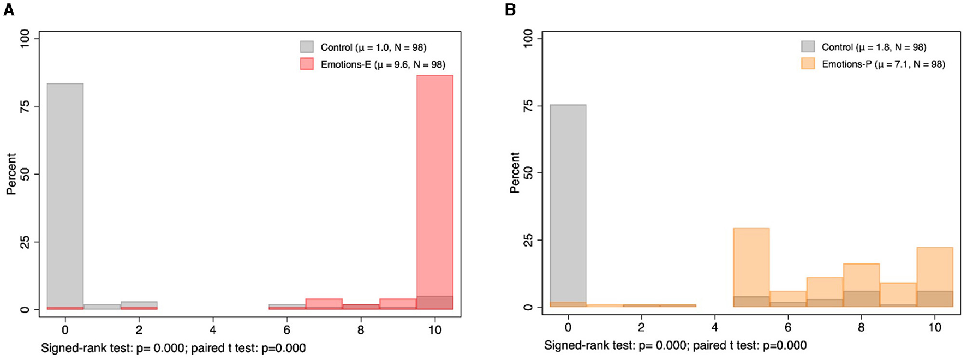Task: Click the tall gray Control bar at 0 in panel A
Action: click(x=65, y=196)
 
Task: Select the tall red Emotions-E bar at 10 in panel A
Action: click(x=434, y=191)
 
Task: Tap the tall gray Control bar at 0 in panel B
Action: click(x=568, y=205)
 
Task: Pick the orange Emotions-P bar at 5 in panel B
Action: click(x=751, y=267)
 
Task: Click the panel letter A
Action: click(x=8, y=10)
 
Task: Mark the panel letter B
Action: click(x=510, y=10)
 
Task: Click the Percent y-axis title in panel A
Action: click(x=11, y=174)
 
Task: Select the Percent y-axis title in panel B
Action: click(x=514, y=172)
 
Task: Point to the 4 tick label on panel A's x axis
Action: click(x=213, y=330)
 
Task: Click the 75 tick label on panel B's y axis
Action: click(x=528, y=105)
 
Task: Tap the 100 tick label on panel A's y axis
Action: click(x=25, y=39)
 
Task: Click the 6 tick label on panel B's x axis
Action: click(x=788, y=327)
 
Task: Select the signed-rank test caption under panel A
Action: click(x=173, y=348)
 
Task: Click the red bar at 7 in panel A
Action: click(x=324, y=303)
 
